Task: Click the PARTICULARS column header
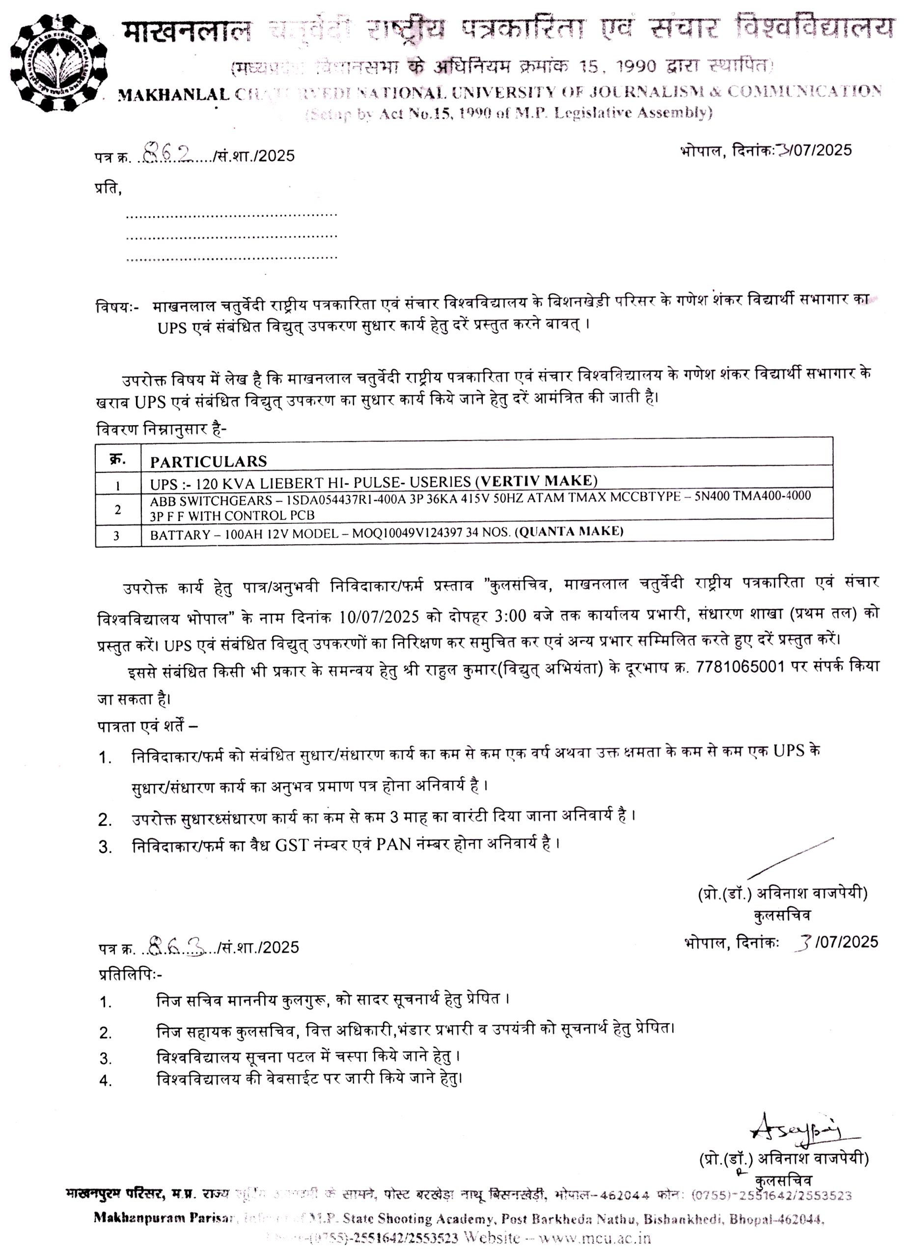tap(208, 461)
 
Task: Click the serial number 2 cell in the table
tap(117, 509)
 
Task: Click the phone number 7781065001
tap(740, 666)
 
